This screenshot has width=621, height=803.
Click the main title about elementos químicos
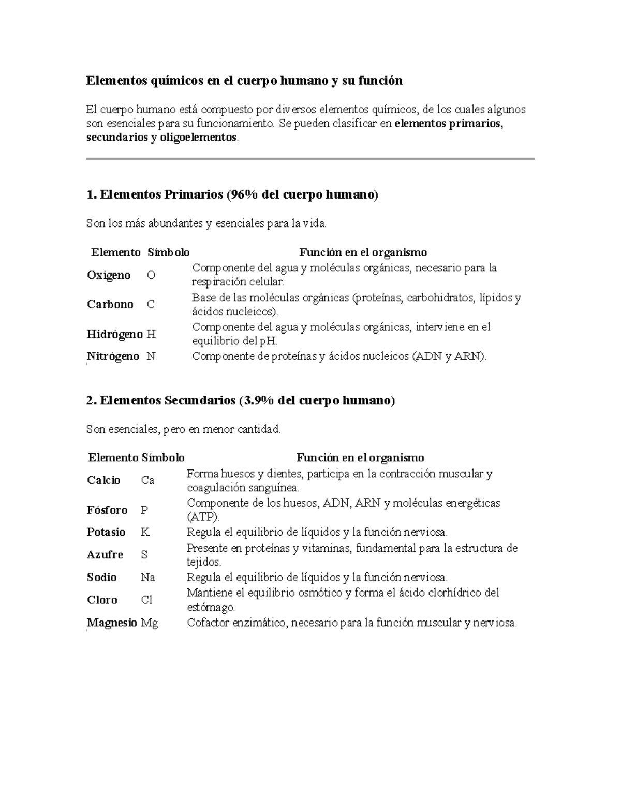244,81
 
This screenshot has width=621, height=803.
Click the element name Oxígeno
109,275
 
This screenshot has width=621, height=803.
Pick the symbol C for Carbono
151,305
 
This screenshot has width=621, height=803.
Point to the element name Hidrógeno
114,334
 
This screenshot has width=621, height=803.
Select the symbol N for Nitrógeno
151,356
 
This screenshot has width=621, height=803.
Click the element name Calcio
103,480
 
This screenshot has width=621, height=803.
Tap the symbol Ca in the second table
147,480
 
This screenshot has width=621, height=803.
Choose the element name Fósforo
107,510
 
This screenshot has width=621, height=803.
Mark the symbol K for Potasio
145,532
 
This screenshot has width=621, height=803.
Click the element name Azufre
105,555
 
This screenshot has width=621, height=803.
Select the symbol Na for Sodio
148,578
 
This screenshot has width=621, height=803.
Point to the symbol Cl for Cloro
146,600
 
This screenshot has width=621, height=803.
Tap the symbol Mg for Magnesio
150,623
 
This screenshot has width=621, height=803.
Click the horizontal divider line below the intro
310,159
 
